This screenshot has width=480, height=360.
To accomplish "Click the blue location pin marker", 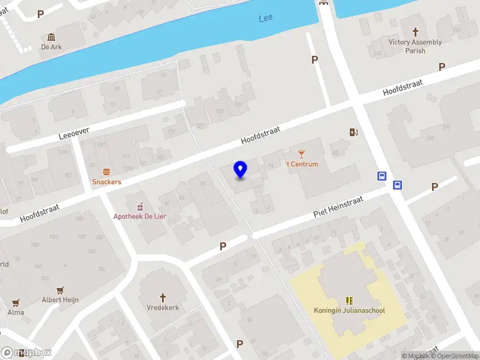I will click(241, 169).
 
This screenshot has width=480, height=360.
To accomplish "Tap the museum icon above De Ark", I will click(52, 36).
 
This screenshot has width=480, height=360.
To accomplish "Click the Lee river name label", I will click(265, 18).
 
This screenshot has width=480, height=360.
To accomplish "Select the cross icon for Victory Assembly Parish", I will click(415, 31).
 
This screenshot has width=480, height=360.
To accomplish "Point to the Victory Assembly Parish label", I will click(415, 46).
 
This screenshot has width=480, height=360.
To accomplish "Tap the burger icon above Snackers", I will click(107, 172).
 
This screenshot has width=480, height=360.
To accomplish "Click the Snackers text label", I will click(107, 182).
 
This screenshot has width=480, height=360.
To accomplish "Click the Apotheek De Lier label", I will click(140, 216).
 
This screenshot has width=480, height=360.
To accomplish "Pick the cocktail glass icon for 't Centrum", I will click(301, 154).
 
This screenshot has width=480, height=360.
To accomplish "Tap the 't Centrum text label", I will click(301, 164).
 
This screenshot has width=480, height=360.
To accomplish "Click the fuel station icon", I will click(354, 132).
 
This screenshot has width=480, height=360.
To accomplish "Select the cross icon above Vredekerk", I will click(163, 297).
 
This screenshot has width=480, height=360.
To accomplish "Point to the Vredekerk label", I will click(163, 308).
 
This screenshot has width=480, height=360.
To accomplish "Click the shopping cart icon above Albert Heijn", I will click(60, 290).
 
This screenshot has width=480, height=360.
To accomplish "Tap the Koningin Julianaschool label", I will click(349, 310).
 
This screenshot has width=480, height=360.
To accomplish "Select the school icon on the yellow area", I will click(349, 300).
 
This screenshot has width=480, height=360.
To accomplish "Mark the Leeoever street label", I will click(74, 131).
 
